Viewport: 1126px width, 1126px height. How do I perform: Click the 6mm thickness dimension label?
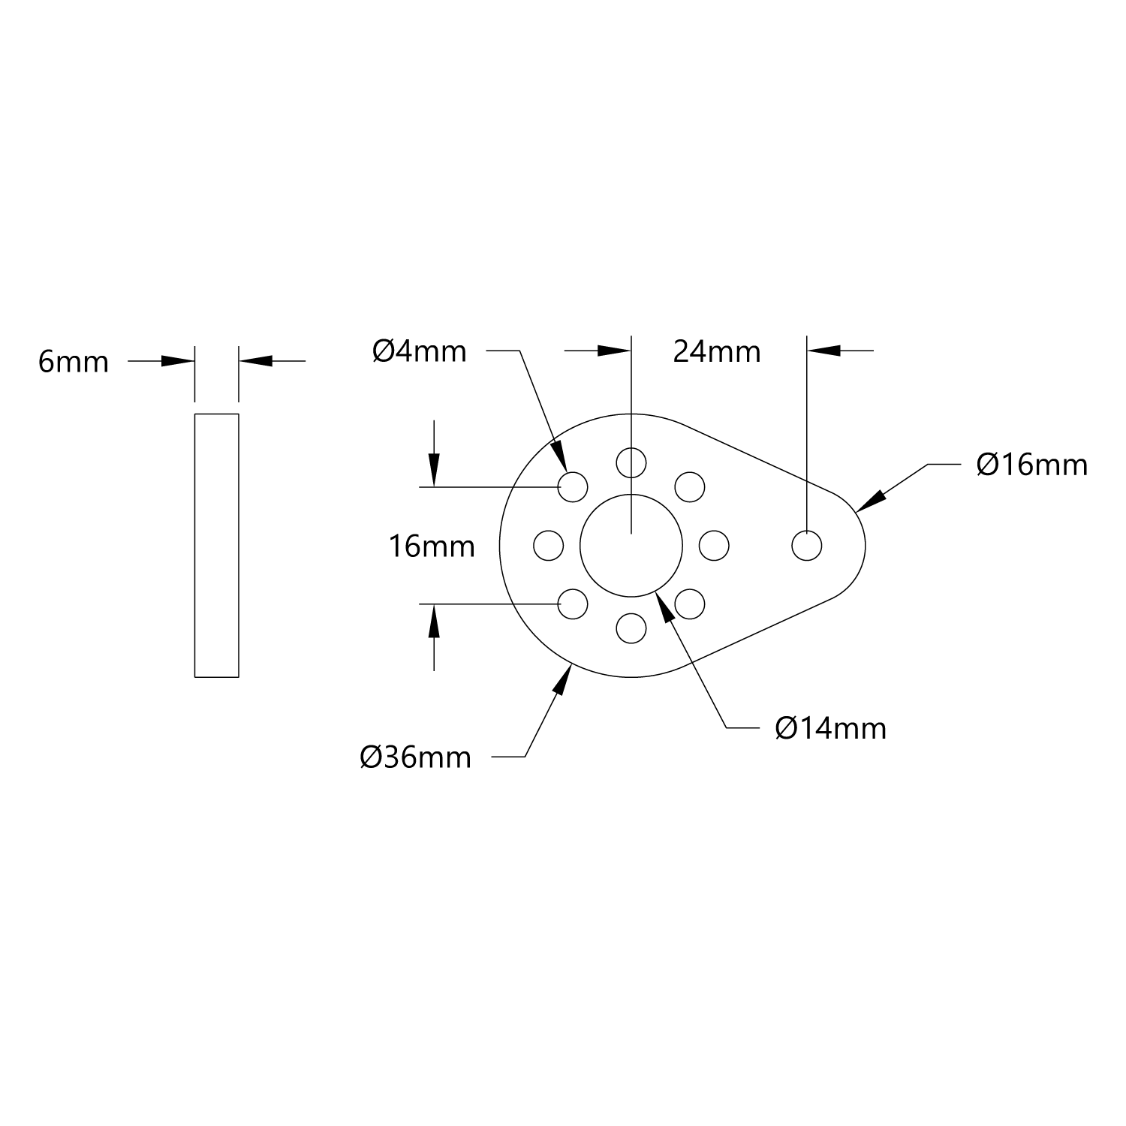(x=74, y=363)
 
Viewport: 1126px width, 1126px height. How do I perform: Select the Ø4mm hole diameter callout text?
(x=420, y=351)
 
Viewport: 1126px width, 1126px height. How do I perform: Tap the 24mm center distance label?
(x=717, y=351)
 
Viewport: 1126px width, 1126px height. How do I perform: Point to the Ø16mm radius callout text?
(x=1031, y=465)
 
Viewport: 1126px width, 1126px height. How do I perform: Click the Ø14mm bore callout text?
(x=831, y=729)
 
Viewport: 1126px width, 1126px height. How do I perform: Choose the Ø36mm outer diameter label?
(x=415, y=758)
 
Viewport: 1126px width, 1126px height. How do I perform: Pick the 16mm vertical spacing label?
(x=432, y=546)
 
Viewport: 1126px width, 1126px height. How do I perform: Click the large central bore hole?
(x=631, y=546)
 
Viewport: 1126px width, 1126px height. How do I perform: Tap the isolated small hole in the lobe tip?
(x=807, y=546)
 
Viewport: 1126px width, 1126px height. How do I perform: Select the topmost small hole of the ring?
(x=631, y=462)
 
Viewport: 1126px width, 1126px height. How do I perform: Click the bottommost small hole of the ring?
(x=631, y=628)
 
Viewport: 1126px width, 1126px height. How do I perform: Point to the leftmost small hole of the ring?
(x=548, y=546)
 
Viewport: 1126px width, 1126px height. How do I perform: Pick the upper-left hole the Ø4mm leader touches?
(x=573, y=486)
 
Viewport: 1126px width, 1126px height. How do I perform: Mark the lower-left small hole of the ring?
(x=573, y=604)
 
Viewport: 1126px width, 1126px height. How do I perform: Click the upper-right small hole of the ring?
(x=690, y=486)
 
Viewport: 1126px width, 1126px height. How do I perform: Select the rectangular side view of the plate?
(x=217, y=545)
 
